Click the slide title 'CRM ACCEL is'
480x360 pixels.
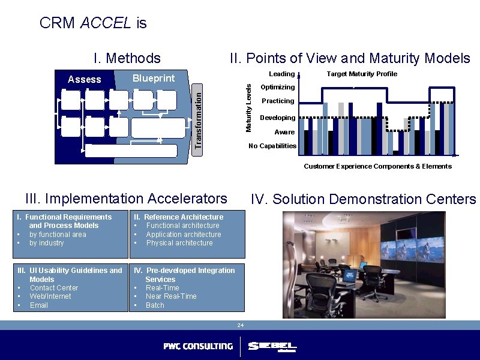pos(92,23)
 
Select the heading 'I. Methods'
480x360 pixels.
pos(127,58)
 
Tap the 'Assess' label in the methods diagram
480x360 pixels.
pos(85,79)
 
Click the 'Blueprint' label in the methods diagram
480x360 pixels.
pos(154,79)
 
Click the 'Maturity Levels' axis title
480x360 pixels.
pos(249,108)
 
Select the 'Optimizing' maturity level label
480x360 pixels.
pos(277,88)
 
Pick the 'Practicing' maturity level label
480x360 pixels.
pos(278,101)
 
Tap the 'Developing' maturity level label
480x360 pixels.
pos(277,118)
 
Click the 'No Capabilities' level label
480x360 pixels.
pos(272,146)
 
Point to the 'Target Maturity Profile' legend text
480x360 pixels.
pos(362,74)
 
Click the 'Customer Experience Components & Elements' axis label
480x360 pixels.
pos(377,166)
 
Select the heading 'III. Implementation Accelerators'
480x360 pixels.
pos(127,199)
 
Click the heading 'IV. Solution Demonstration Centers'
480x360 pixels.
pos(363,199)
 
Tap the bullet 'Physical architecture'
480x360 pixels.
pos(179,243)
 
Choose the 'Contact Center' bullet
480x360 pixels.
pos(53,288)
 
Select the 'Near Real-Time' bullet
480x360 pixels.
pos(171,296)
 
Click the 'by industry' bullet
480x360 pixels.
pos(46,243)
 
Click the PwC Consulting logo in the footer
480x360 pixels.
pos(198,346)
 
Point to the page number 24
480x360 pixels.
pos(240,325)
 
